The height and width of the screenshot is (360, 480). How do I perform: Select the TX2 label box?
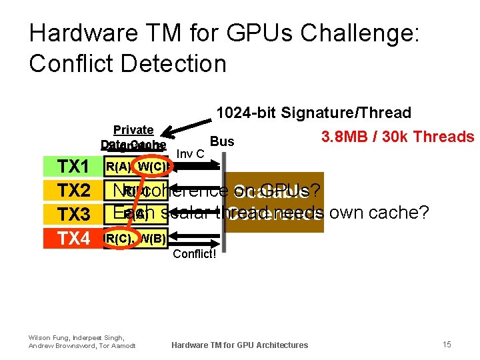click(73, 191)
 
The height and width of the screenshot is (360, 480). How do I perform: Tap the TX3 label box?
click(73, 214)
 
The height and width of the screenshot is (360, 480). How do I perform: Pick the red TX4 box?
click(73, 238)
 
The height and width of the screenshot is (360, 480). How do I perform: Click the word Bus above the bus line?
click(222, 141)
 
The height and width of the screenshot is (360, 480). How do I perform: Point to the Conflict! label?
click(195, 254)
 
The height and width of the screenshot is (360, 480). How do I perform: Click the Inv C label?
click(191, 155)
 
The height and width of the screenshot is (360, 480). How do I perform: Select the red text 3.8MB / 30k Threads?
click(397, 137)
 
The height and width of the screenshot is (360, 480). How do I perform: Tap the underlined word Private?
click(133, 129)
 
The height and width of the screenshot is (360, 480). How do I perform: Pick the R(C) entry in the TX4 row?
click(119, 238)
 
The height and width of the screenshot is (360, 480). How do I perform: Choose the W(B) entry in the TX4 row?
click(152, 238)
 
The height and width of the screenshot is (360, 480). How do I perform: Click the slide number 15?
click(447, 344)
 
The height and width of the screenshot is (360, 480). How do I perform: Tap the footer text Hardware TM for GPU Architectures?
click(240, 345)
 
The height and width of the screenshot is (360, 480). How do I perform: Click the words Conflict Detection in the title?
click(128, 63)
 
